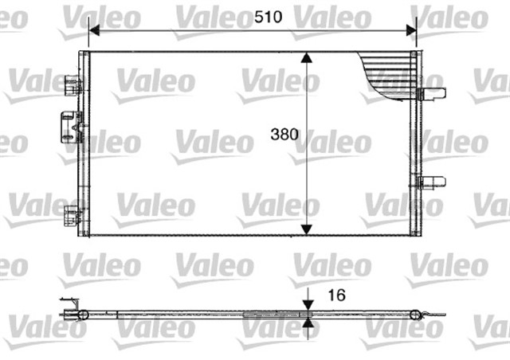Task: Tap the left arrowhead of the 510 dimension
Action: coord(93,30)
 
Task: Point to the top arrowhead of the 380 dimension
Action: coord(308,58)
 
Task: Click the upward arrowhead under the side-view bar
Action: coord(308,323)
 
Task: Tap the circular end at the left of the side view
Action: coord(82,315)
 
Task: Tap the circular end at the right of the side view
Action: coord(414,315)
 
